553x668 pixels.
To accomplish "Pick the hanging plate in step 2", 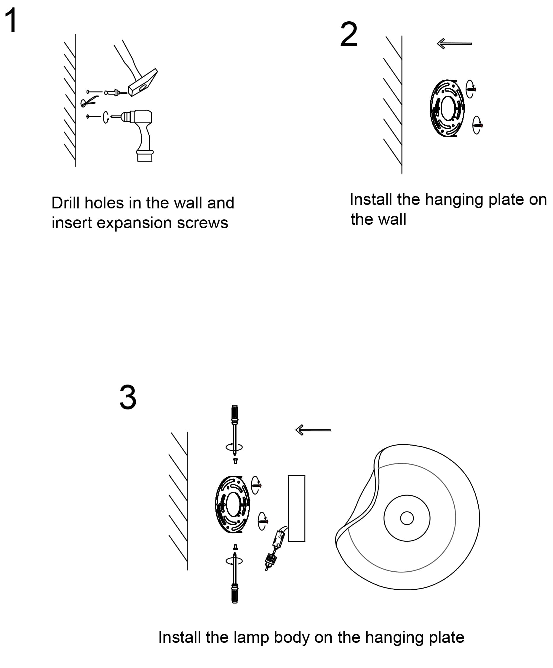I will pyautogui.click(x=447, y=108).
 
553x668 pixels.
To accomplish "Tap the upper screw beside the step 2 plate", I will pyautogui.click(x=471, y=89).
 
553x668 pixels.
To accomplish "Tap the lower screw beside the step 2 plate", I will pyautogui.click(x=477, y=125).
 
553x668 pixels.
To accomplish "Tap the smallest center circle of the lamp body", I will pyautogui.click(x=407, y=518).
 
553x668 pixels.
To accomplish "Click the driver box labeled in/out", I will pyautogui.click(x=278, y=540).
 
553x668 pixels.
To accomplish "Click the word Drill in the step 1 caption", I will pyautogui.click(x=65, y=203).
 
